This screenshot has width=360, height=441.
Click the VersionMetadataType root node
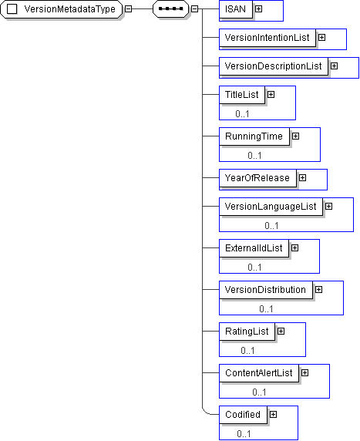click(x=62, y=9)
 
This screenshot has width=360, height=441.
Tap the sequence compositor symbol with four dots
click(x=170, y=9)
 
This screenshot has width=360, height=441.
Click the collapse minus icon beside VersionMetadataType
click(x=128, y=9)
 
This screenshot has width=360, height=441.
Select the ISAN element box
click(x=236, y=9)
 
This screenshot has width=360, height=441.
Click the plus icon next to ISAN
click(x=258, y=9)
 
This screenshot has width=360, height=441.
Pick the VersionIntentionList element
click(x=267, y=38)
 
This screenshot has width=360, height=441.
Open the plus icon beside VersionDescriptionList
click(x=334, y=66)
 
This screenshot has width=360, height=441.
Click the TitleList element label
click(x=241, y=95)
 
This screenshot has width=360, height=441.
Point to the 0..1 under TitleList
click(x=242, y=114)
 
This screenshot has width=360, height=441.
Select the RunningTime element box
click(x=254, y=136)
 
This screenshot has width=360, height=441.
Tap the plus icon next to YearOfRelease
click(x=302, y=178)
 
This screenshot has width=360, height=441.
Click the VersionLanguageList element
click(x=271, y=207)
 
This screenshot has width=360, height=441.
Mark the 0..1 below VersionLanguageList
click(x=271, y=226)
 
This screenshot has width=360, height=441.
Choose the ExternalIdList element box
click(x=254, y=248)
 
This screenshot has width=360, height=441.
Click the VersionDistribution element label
click(x=265, y=290)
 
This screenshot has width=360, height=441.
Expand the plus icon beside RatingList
click(x=281, y=332)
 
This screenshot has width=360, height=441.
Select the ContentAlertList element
click(x=259, y=373)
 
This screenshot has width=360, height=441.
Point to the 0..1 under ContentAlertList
click(x=259, y=392)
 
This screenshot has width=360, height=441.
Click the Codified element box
click(x=243, y=415)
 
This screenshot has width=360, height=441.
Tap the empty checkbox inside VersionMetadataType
click(x=12, y=9)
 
